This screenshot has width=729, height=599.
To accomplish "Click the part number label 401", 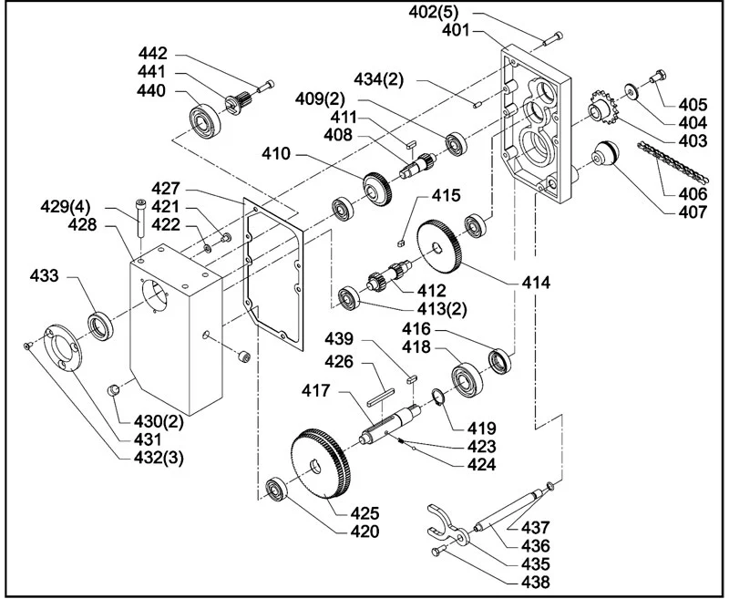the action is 456,31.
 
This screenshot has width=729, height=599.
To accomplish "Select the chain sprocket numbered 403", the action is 602,109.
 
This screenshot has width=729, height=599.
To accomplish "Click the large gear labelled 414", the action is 439,248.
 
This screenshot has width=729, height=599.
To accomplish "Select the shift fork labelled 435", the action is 447,525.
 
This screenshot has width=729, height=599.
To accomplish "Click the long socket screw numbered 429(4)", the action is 140,219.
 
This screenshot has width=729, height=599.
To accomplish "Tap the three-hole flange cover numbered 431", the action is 62,347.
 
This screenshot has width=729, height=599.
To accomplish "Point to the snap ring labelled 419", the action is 438,399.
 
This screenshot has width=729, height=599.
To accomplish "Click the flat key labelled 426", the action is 380,396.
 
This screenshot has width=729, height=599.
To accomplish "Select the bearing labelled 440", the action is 204,120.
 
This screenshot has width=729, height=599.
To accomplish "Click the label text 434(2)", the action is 379,79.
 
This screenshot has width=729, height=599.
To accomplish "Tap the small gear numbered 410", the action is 377,189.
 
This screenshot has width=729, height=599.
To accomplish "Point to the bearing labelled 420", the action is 278,490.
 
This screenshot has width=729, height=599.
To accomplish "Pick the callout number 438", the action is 535,582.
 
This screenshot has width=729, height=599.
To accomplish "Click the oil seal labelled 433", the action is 100,326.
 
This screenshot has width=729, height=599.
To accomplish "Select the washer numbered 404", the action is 631,91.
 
